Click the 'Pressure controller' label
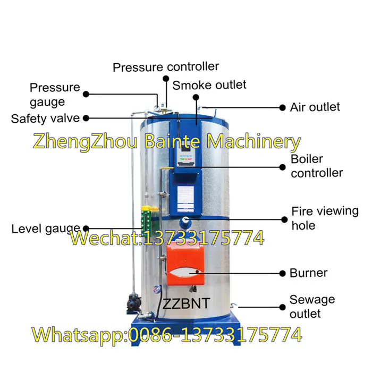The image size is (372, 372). [x=166, y=67]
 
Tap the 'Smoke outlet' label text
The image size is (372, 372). [x=209, y=85]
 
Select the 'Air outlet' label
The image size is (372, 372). [x=315, y=107]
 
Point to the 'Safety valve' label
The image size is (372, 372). [x=45, y=119]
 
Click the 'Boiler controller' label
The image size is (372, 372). [x=317, y=166]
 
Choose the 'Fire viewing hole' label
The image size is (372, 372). [x=325, y=218]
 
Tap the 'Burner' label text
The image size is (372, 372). [x=308, y=273]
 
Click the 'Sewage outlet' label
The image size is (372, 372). [x=312, y=307]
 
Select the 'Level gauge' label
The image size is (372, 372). [x=46, y=229]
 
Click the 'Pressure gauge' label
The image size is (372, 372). [x=55, y=95]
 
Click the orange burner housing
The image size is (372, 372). [x=185, y=263]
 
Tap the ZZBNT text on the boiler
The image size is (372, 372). [x=186, y=303]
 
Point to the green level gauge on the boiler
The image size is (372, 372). [x=146, y=219]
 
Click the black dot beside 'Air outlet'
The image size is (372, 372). [x=282, y=108]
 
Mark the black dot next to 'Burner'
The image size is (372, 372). [x=282, y=274]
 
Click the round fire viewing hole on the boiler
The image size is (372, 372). [x=185, y=221]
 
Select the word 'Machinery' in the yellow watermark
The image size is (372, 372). [x=253, y=142]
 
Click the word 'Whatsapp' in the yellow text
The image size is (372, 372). [x=80, y=335]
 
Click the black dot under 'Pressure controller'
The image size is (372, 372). [x=166, y=79]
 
